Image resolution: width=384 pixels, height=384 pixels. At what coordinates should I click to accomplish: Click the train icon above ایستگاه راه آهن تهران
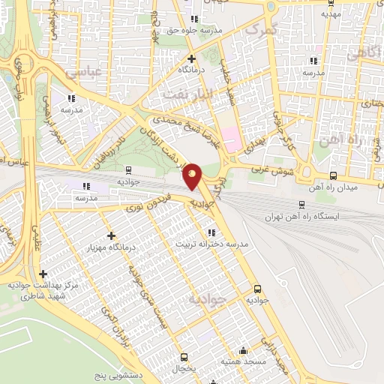tap(301, 204)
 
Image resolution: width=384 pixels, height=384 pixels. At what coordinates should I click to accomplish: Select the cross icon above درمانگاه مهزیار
tap(111, 235)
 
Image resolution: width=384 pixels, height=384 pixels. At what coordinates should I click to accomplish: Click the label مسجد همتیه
tap(241, 361)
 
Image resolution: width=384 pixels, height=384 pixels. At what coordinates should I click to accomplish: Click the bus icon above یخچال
tap(184, 357)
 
